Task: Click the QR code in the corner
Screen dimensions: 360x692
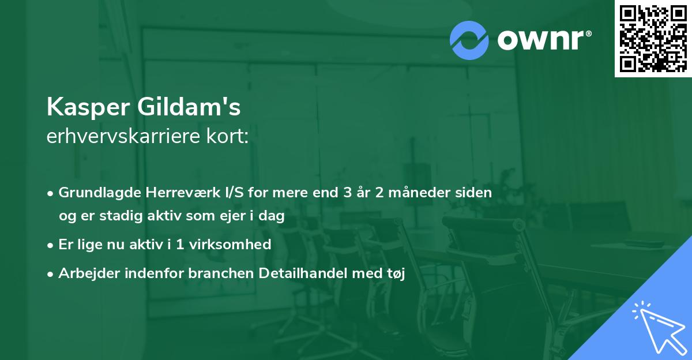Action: click(653, 39)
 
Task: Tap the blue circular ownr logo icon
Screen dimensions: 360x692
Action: click(469, 39)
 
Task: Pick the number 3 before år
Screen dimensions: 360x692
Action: click(347, 193)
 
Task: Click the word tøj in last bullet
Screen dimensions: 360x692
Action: click(396, 274)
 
